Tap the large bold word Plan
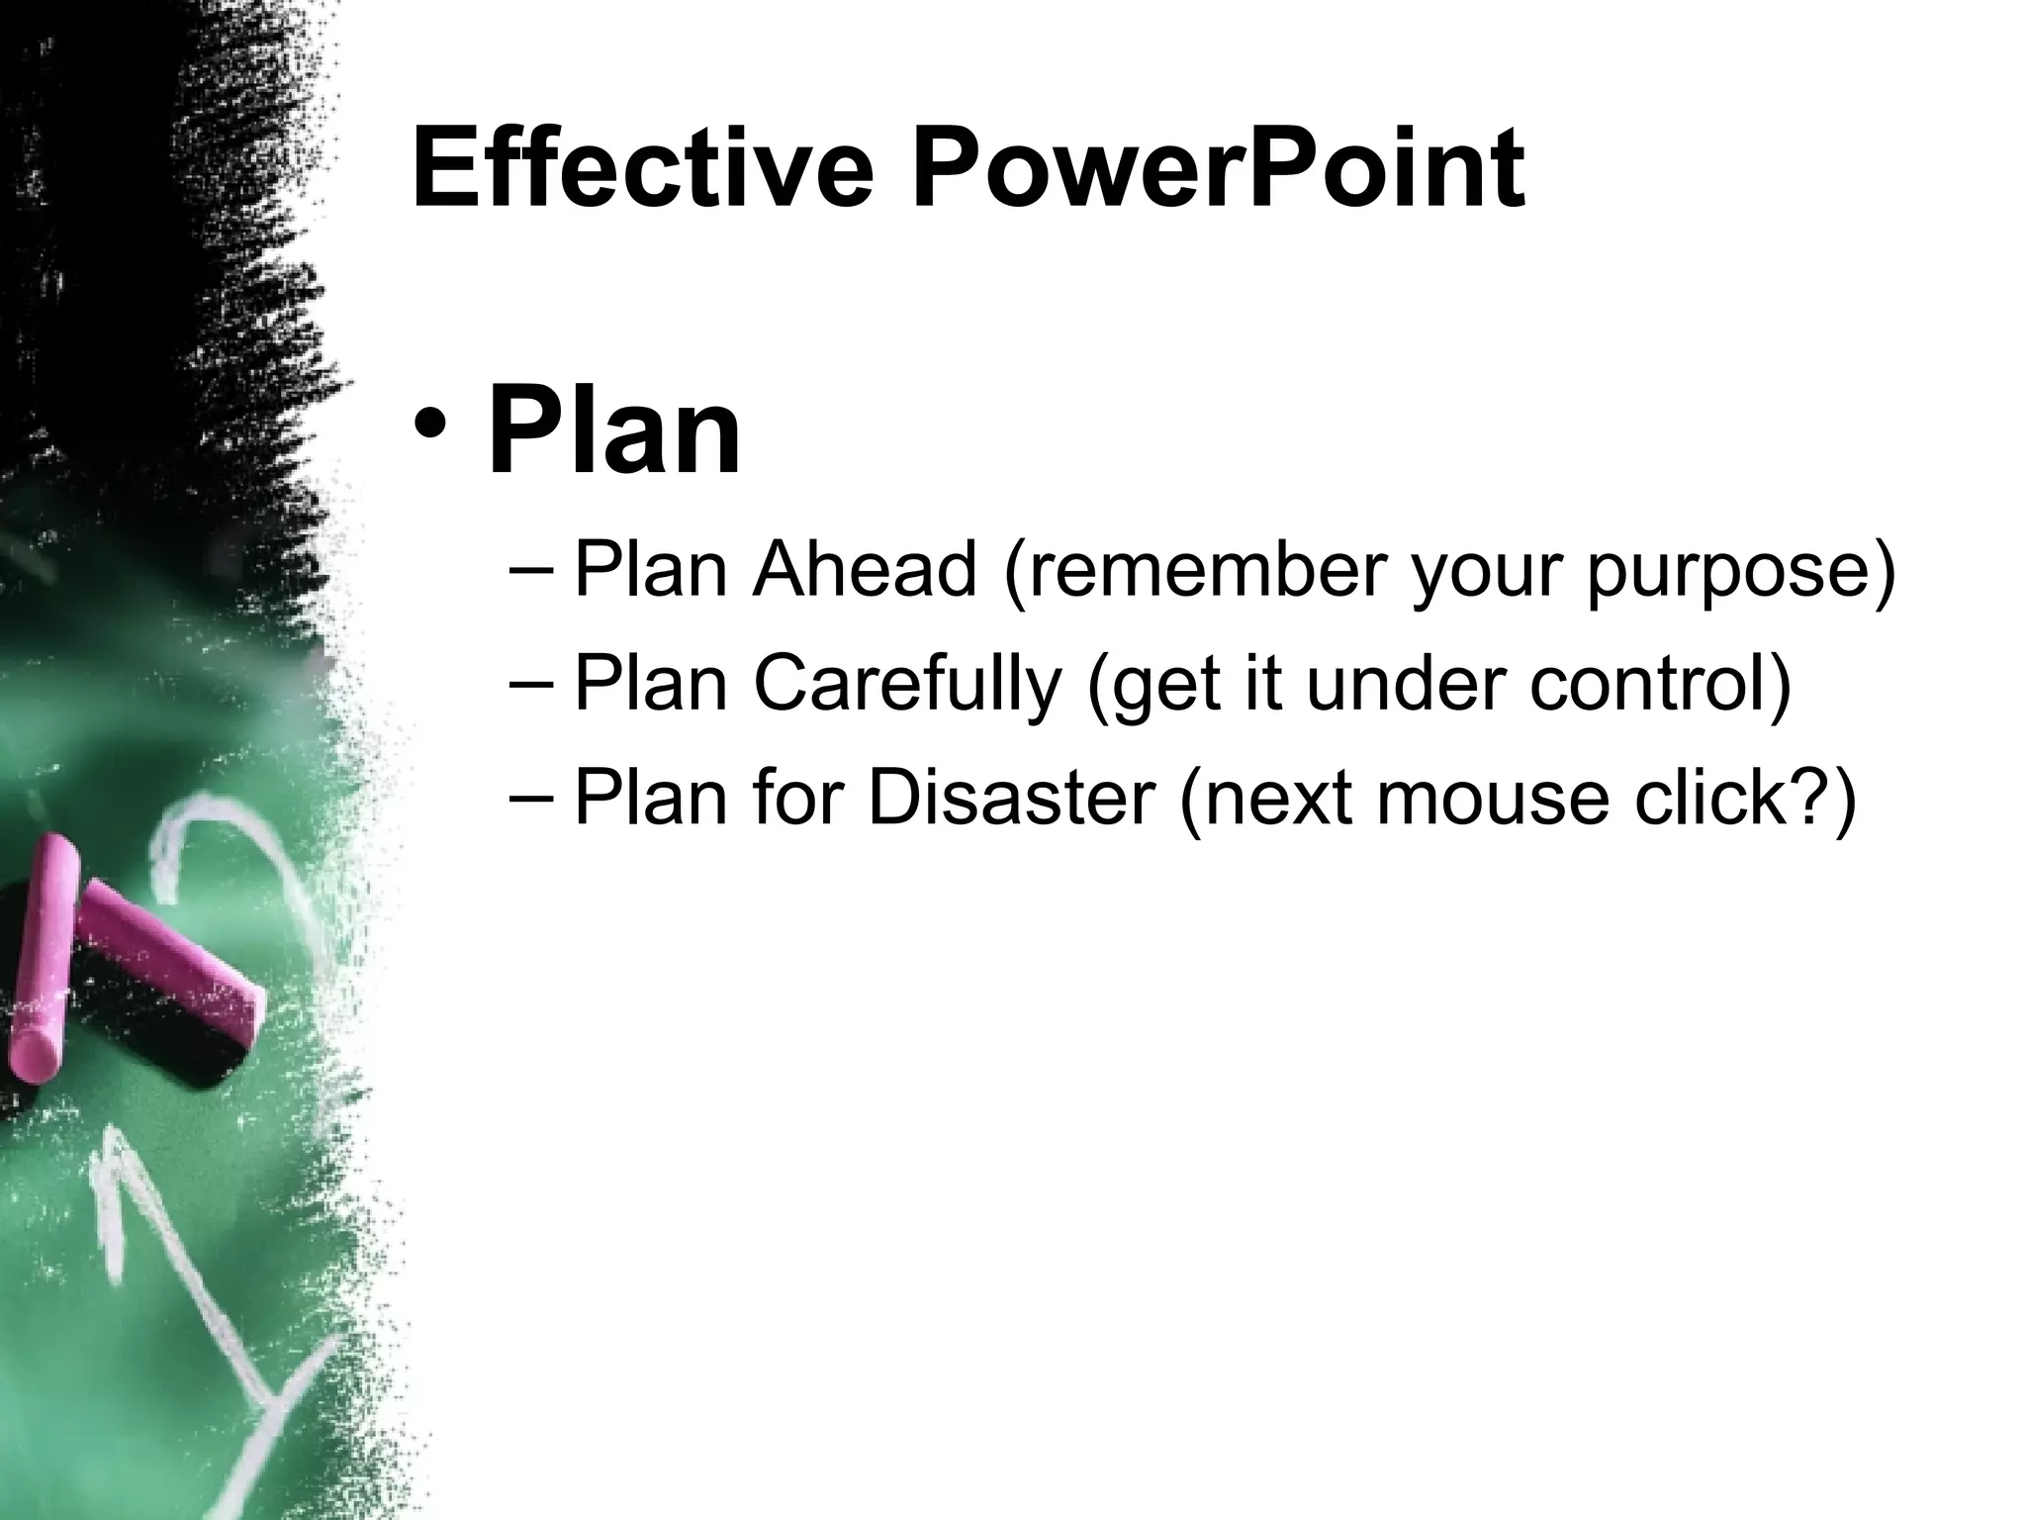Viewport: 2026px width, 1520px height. (613, 433)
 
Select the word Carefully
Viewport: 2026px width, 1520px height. (906, 685)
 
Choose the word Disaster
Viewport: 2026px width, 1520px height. (1011, 798)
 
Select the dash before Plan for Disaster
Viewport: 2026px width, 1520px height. (532, 800)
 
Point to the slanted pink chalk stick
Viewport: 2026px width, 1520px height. (168, 950)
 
